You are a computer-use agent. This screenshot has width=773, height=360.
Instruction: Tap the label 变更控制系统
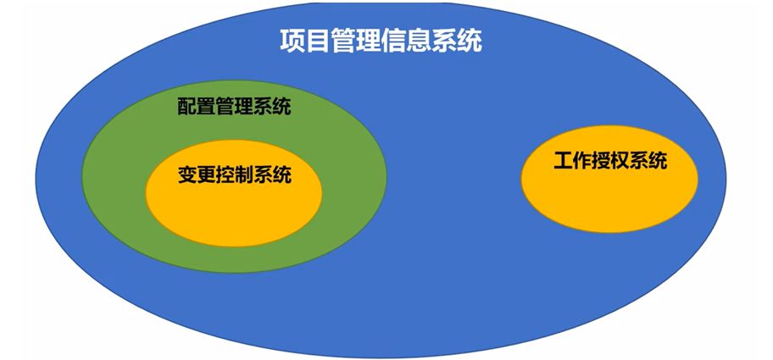(x=234, y=175)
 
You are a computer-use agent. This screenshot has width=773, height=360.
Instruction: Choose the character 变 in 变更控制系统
(x=186, y=175)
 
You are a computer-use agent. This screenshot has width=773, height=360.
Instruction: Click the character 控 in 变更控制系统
(x=225, y=175)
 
